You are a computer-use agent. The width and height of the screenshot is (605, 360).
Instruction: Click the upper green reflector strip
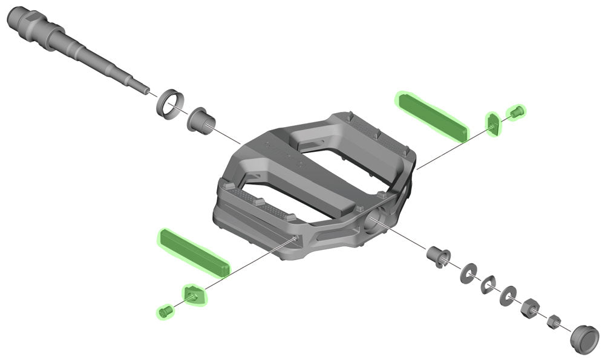(x=431, y=114)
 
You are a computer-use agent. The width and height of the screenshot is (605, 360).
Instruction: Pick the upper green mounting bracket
(x=493, y=123)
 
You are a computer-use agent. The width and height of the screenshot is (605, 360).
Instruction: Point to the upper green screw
(x=516, y=112)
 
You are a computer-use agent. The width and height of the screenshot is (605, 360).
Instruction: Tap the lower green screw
(x=165, y=312)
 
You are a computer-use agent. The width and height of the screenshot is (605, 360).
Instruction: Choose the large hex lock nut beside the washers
(x=530, y=309)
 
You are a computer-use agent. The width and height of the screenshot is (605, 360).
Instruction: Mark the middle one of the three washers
(x=489, y=283)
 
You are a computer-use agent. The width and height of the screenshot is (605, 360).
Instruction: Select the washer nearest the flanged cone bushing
(x=468, y=272)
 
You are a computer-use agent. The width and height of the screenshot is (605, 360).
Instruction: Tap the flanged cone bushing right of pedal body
(x=439, y=257)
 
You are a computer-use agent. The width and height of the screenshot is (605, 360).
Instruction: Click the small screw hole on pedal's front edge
(x=295, y=240)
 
